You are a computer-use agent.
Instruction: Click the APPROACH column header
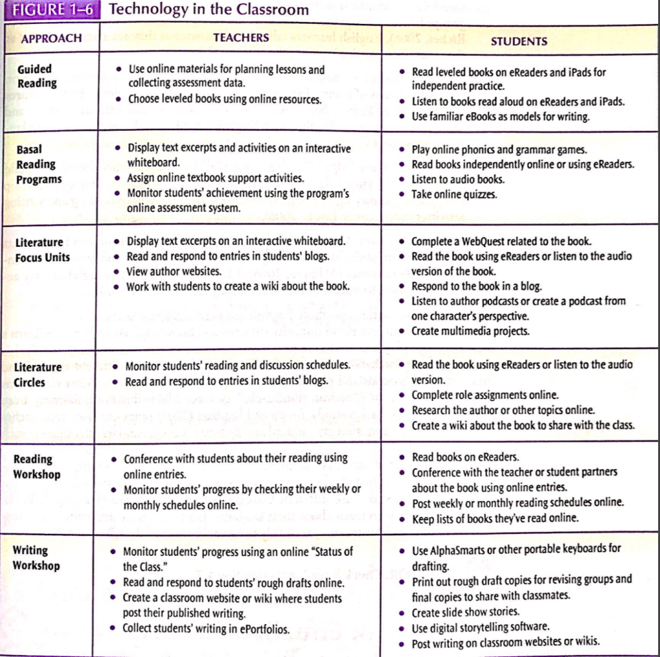pyautogui.click(x=52, y=38)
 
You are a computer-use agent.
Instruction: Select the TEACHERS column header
pyautogui.click(x=241, y=37)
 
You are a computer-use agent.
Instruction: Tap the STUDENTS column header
pyautogui.click(x=519, y=41)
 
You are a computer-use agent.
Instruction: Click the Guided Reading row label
pyautogui.click(x=37, y=76)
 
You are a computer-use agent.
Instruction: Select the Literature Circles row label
pyautogui.click(x=38, y=375)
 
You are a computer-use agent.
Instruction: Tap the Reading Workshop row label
pyautogui.click(x=37, y=467)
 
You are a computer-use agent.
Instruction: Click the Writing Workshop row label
pyautogui.click(x=36, y=558)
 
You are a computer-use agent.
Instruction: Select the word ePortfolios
pyautogui.click(x=260, y=629)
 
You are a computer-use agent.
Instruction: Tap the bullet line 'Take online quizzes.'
pyautogui.click(x=454, y=194)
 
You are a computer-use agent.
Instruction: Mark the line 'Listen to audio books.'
pyautogui.click(x=458, y=179)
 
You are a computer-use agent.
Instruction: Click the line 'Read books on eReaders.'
pyautogui.click(x=465, y=457)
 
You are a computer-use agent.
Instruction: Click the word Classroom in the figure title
pyautogui.click(x=273, y=10)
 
